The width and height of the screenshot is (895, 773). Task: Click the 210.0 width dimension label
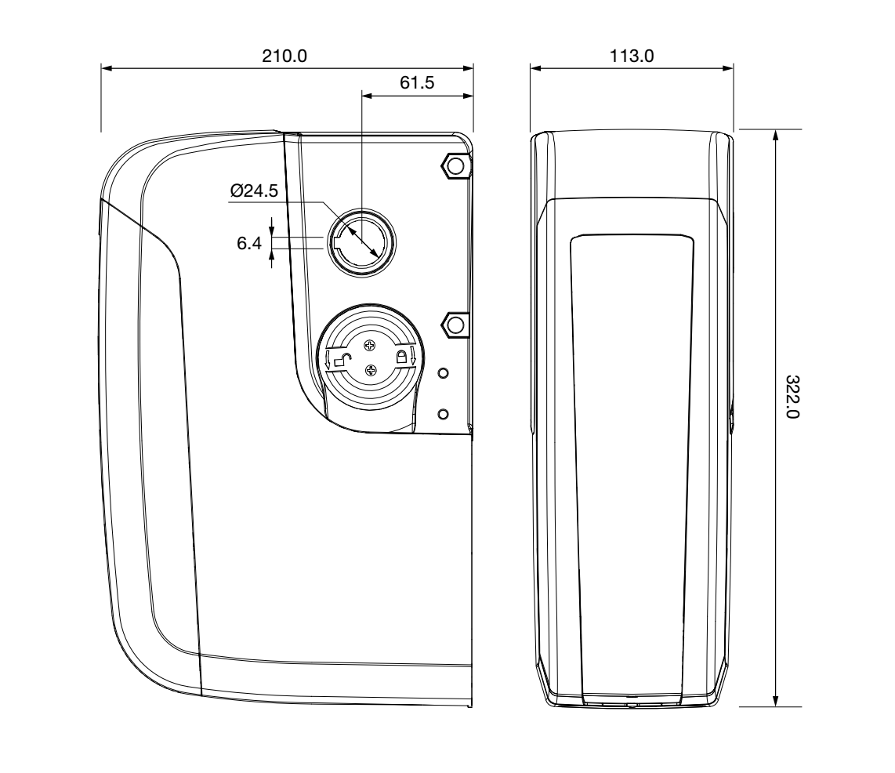(284, 56)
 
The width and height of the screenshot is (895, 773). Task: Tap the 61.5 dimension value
(417, 83)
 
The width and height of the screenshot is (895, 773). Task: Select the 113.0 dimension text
(632, 56)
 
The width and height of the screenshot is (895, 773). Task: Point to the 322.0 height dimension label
(792, 397)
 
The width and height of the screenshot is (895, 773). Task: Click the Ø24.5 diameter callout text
(254, 190)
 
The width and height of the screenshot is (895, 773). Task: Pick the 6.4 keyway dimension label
(249, 243)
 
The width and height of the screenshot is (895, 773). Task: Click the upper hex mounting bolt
(455, 165)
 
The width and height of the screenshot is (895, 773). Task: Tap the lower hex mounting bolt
(455, 325)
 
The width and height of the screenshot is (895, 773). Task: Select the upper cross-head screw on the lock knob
(370, 345)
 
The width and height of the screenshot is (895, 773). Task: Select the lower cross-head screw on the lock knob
(371, 371)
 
